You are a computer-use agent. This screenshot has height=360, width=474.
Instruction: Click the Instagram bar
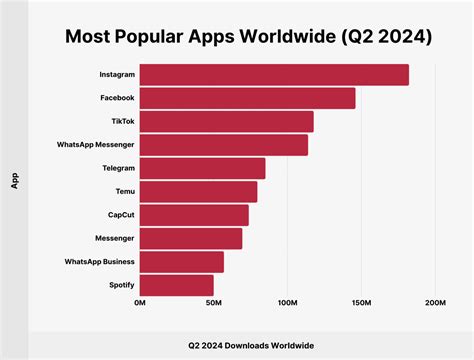(273, 75)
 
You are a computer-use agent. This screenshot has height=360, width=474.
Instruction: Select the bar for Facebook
(247, 98)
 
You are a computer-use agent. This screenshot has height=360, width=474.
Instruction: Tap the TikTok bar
(226, 122)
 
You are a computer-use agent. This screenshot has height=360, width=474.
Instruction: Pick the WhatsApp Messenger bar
(223, 145)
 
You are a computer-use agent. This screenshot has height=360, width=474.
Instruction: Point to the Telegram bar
(202, 168)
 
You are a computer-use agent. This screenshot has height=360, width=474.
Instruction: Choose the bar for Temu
(198, 192)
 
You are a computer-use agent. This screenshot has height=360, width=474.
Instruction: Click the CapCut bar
(194, 215)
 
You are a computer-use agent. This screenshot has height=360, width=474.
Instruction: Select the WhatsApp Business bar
(181, 262)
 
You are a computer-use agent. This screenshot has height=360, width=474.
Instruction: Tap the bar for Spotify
(176, 285)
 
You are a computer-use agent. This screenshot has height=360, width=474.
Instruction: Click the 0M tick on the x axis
(140, 302)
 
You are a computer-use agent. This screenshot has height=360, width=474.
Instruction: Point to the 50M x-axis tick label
(213, 302)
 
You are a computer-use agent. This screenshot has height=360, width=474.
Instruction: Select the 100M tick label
(287, 302)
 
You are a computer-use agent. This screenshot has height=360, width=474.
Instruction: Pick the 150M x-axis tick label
(361, 302)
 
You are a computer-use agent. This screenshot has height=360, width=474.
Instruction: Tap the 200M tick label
(434, 302)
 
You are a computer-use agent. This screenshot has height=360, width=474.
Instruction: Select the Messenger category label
(112, 239)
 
